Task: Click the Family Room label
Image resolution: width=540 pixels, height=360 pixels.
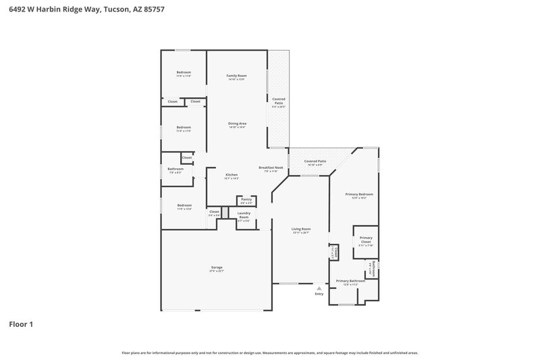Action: [236, 76]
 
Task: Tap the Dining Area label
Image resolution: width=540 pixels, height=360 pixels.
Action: [236, 124]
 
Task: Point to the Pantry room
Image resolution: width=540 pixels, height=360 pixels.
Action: [246, 200]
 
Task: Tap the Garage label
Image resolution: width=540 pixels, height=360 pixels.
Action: [216, 268]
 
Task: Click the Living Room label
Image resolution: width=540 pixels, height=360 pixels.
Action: [300, 229]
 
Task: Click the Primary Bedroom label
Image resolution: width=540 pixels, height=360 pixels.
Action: [359, 195]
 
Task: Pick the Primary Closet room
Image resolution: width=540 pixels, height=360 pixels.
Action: [366, 240]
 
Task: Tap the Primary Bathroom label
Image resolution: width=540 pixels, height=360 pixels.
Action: [350, 280]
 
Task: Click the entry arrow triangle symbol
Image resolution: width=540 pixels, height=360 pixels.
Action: [319, 288]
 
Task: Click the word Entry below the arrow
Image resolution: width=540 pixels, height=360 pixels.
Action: [319, 294]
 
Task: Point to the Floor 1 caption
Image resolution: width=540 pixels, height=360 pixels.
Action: [21, 324]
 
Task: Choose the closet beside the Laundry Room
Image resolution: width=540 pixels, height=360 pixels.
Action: [214, 213]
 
